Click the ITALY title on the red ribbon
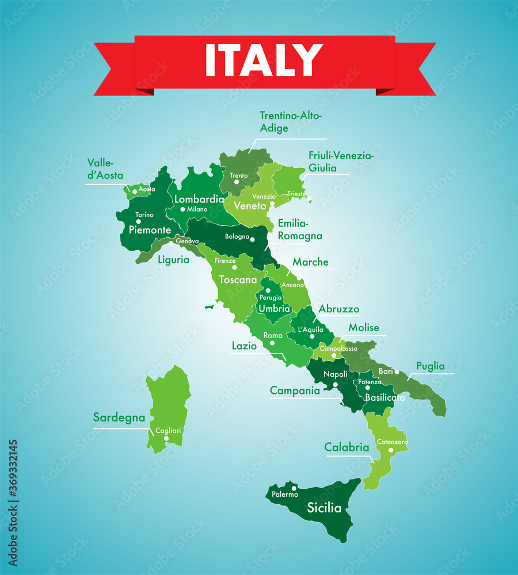tap(264, 60)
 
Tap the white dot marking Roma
tap(272, 343)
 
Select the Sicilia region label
tap(324, 508)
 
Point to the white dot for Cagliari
tap(166, 438)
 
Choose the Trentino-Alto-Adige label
tap(291, 122)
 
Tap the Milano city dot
tap(183, 209)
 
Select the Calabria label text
tap(346, 447)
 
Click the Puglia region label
tap(431, 366)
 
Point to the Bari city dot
tap(397, 371)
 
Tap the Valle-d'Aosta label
tap(105, 170)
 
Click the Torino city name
tap(144, 215)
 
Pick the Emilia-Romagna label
tap(300, 229)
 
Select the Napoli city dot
tap(335, 384)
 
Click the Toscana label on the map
tap(238, 280)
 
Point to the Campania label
tap(295, 390)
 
